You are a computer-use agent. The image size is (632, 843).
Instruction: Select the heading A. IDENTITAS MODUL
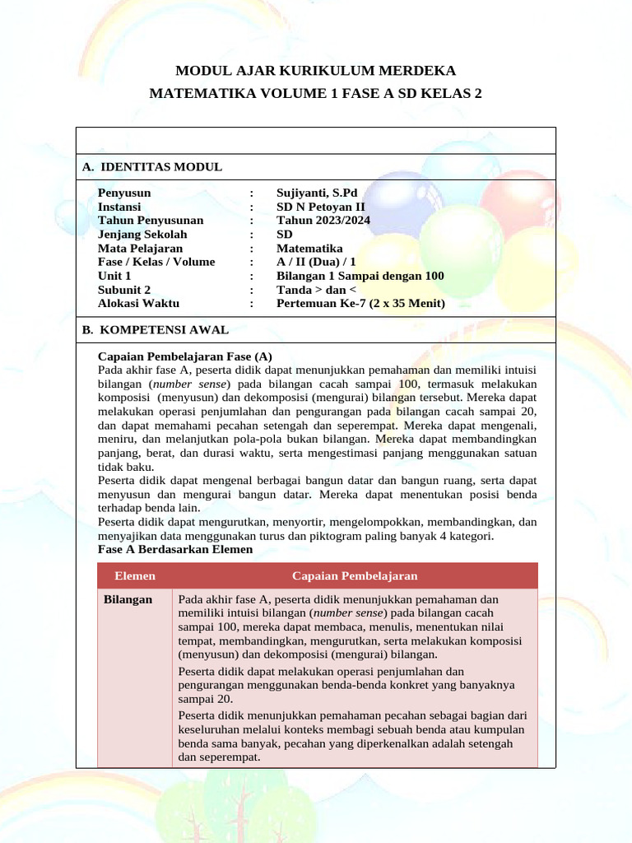(x=152, y=167)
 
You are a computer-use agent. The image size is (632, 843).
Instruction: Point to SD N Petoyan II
(x=321, y=207)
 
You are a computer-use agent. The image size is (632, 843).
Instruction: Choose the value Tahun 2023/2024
(x=323, y=221)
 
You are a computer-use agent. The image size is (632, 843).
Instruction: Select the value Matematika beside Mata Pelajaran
(x=309, y=248)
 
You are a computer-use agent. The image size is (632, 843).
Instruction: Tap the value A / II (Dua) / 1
(x=317, y=262)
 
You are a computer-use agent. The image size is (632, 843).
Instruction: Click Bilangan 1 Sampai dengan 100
(x=360, y=276)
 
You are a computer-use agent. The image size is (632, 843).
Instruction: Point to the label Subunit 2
(x=124, y=290)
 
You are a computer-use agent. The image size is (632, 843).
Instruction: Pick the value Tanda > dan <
(x=318, y=290)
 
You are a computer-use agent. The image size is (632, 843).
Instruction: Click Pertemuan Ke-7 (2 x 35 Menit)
(x=360, y=303)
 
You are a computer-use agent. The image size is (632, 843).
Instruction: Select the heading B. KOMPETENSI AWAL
(x=156, y=329)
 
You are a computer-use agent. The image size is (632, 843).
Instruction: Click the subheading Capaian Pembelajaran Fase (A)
(x=185, y=356)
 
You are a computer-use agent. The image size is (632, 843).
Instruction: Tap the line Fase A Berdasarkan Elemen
(x=175, y=549)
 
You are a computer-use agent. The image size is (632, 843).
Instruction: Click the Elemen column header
(x=135, y=575)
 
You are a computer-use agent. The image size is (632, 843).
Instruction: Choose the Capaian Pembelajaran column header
(x=355, y=575)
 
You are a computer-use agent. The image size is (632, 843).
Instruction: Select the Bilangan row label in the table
(x=128, y=599)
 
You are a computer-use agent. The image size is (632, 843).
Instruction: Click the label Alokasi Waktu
(x=138, y=303)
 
